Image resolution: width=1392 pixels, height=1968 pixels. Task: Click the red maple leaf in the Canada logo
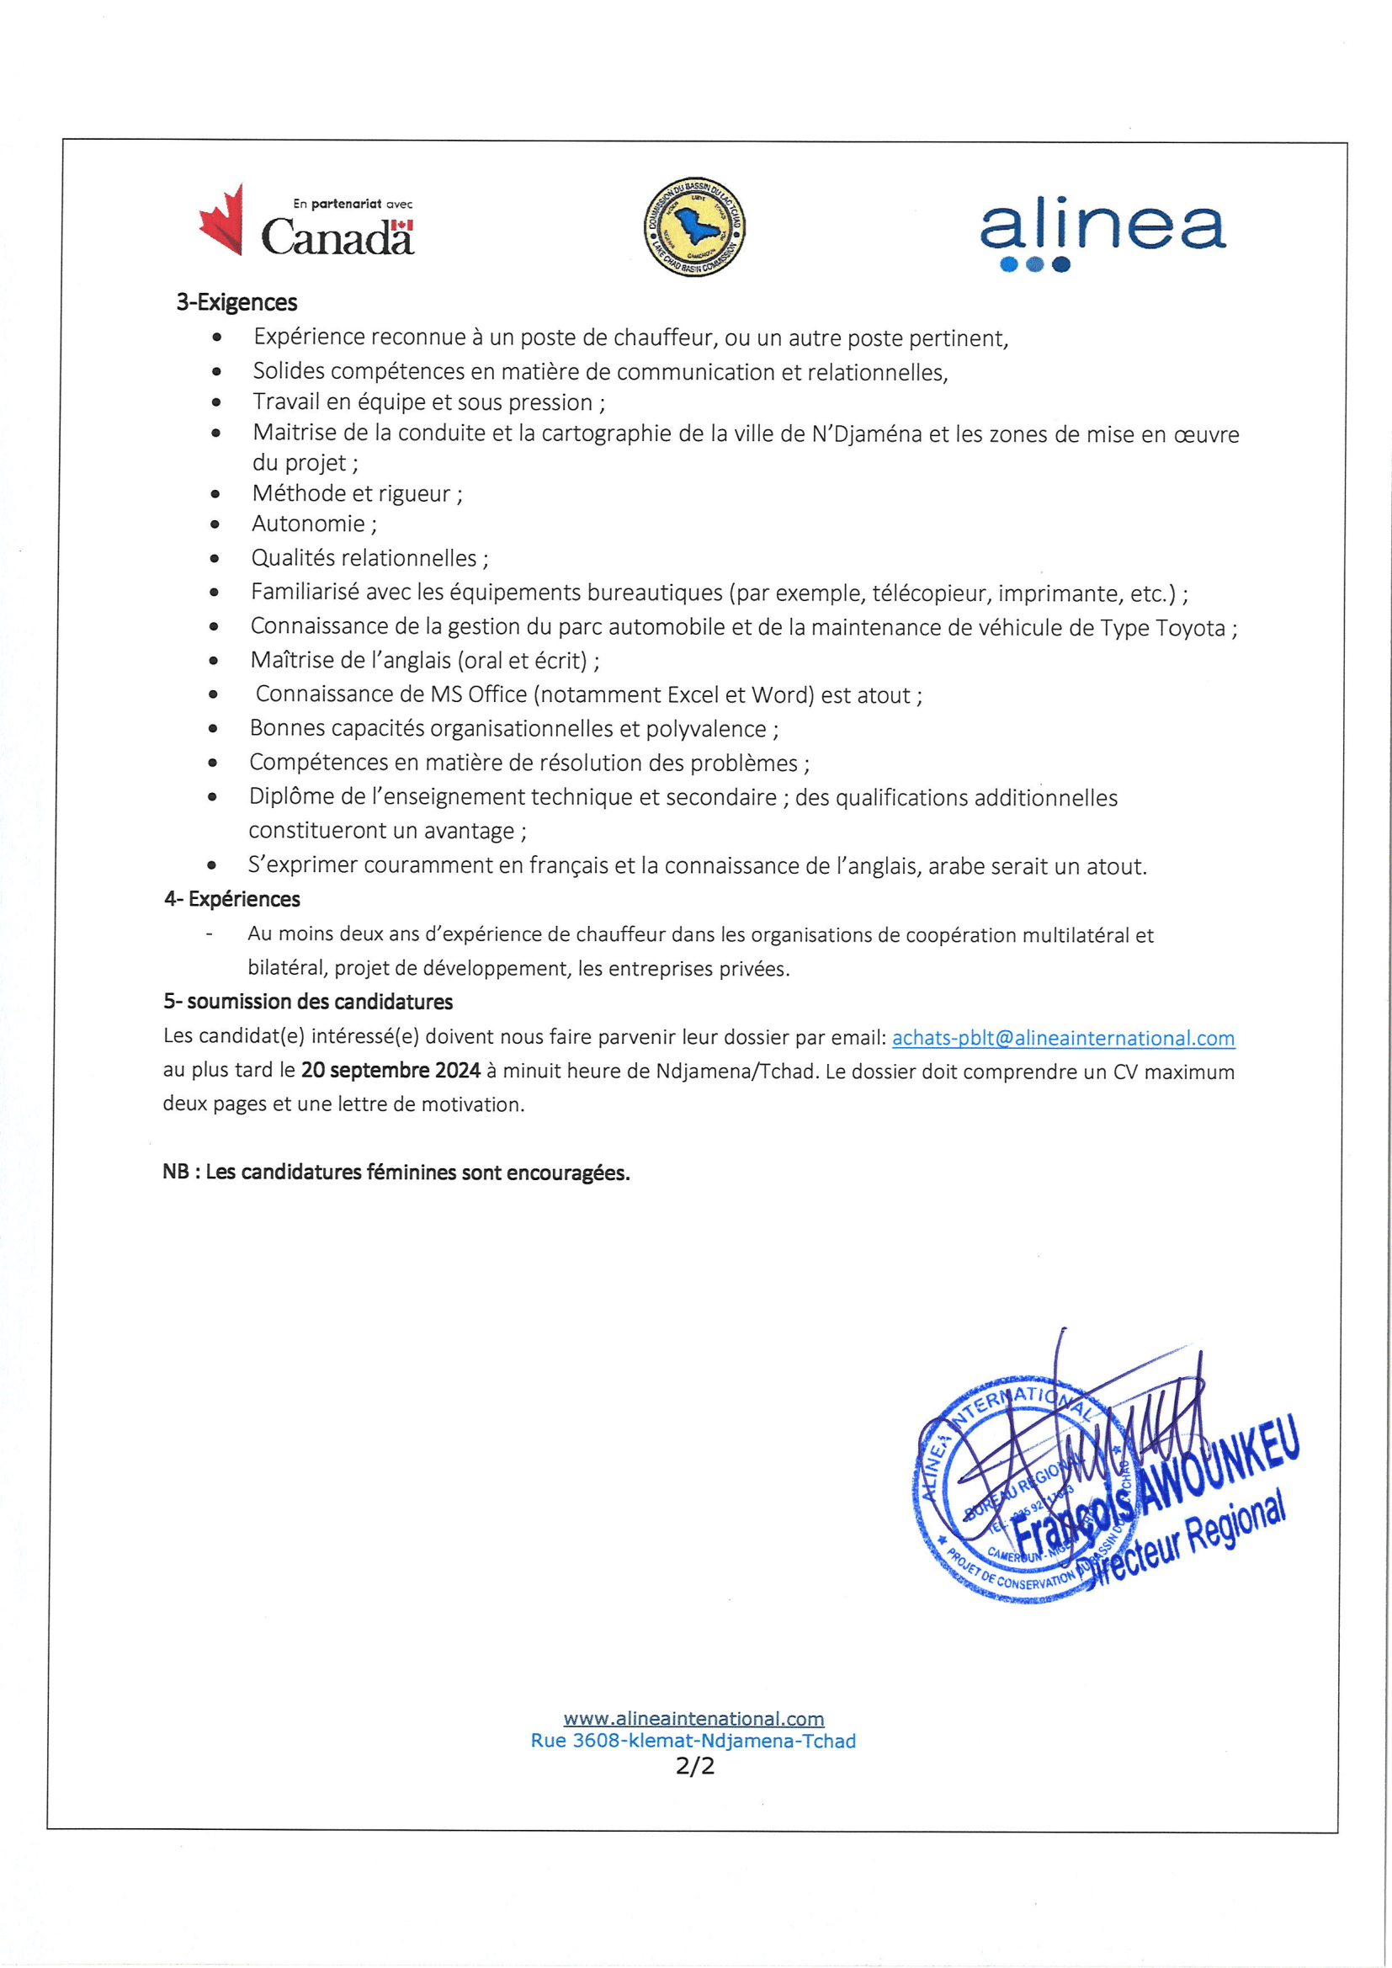coord(222,221)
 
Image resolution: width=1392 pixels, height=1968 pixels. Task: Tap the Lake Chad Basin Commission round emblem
coord(694,228)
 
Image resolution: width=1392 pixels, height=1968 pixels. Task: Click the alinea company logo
coord(1102,233)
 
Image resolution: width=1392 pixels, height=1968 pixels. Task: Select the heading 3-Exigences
coord(236,302)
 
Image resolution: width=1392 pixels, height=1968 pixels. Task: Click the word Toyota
coord(1190,628)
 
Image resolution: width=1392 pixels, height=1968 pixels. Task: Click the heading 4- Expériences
coord(232,899)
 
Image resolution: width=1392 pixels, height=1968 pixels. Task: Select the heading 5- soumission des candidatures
coord(308,1002)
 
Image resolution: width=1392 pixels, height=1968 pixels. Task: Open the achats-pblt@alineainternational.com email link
coord(1063,1038)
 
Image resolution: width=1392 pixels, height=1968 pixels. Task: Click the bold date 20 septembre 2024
coord(390,1071)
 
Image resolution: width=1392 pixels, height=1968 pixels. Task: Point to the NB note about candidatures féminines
coord(396,1173)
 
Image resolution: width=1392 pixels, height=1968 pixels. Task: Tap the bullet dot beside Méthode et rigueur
coord(215,494)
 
